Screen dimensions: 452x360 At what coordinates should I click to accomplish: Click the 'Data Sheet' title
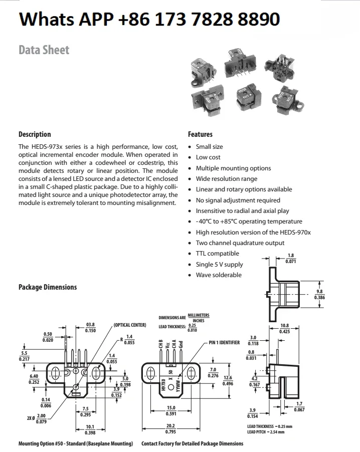(44, 50)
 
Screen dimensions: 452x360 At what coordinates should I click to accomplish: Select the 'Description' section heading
(35, 134)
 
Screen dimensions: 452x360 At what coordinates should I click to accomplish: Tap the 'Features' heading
(200, 134)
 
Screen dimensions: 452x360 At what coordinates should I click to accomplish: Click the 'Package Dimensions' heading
(48, 287)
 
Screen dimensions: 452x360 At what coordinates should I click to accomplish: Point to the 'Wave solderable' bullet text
(218, 275)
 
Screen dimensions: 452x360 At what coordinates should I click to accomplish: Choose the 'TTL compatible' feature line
(217, 254)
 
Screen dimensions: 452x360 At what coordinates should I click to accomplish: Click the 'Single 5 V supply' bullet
(219, 265)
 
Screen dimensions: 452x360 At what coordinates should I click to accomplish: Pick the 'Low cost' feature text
(208, 157)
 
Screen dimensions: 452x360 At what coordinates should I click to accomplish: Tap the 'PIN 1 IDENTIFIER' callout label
(224, 343)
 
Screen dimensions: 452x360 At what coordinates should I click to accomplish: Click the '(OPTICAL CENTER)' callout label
(129, 325)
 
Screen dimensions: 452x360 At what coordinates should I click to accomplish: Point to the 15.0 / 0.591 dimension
(171, 410)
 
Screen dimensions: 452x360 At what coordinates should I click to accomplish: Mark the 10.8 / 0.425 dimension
(284, 328)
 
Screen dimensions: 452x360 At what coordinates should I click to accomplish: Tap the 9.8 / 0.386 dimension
(319, 294)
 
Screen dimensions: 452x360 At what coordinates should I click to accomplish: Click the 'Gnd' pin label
(181, 345)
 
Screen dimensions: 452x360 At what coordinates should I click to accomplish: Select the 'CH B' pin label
(160, 345)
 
